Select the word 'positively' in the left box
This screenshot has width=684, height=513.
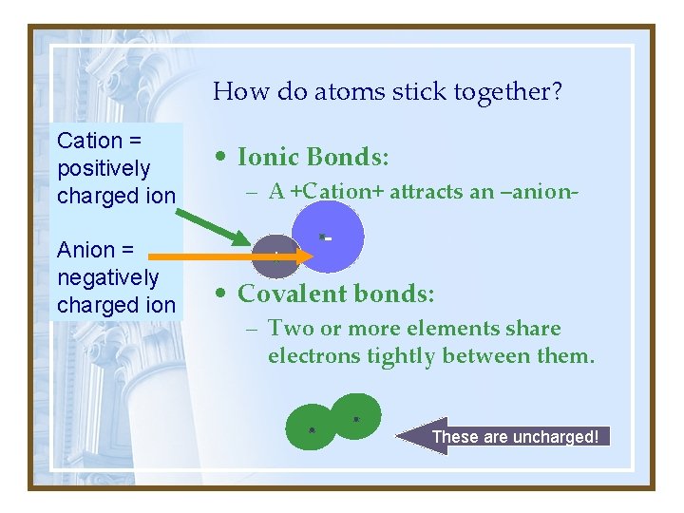(104, 168)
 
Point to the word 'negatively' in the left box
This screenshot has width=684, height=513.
(107, 277)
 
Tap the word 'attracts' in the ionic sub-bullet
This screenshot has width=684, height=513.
(427, 191)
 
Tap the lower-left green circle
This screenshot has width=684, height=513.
(312, 427)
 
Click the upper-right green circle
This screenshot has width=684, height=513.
(357, 416)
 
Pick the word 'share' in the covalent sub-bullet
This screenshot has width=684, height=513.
(535, 329)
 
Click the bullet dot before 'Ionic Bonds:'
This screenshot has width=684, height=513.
(219, 158)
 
